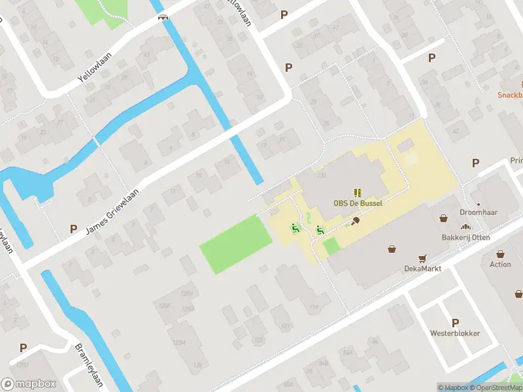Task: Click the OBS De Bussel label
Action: point(358,203)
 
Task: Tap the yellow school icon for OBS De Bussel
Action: point(358,192)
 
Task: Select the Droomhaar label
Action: point(478,212)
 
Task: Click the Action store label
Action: point(500,265)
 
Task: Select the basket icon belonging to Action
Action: point(500,254)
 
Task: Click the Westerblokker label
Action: point(455,333)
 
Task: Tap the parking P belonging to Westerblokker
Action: point(455,323)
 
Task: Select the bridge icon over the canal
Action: point(163,16)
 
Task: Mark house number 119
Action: point(313,307)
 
